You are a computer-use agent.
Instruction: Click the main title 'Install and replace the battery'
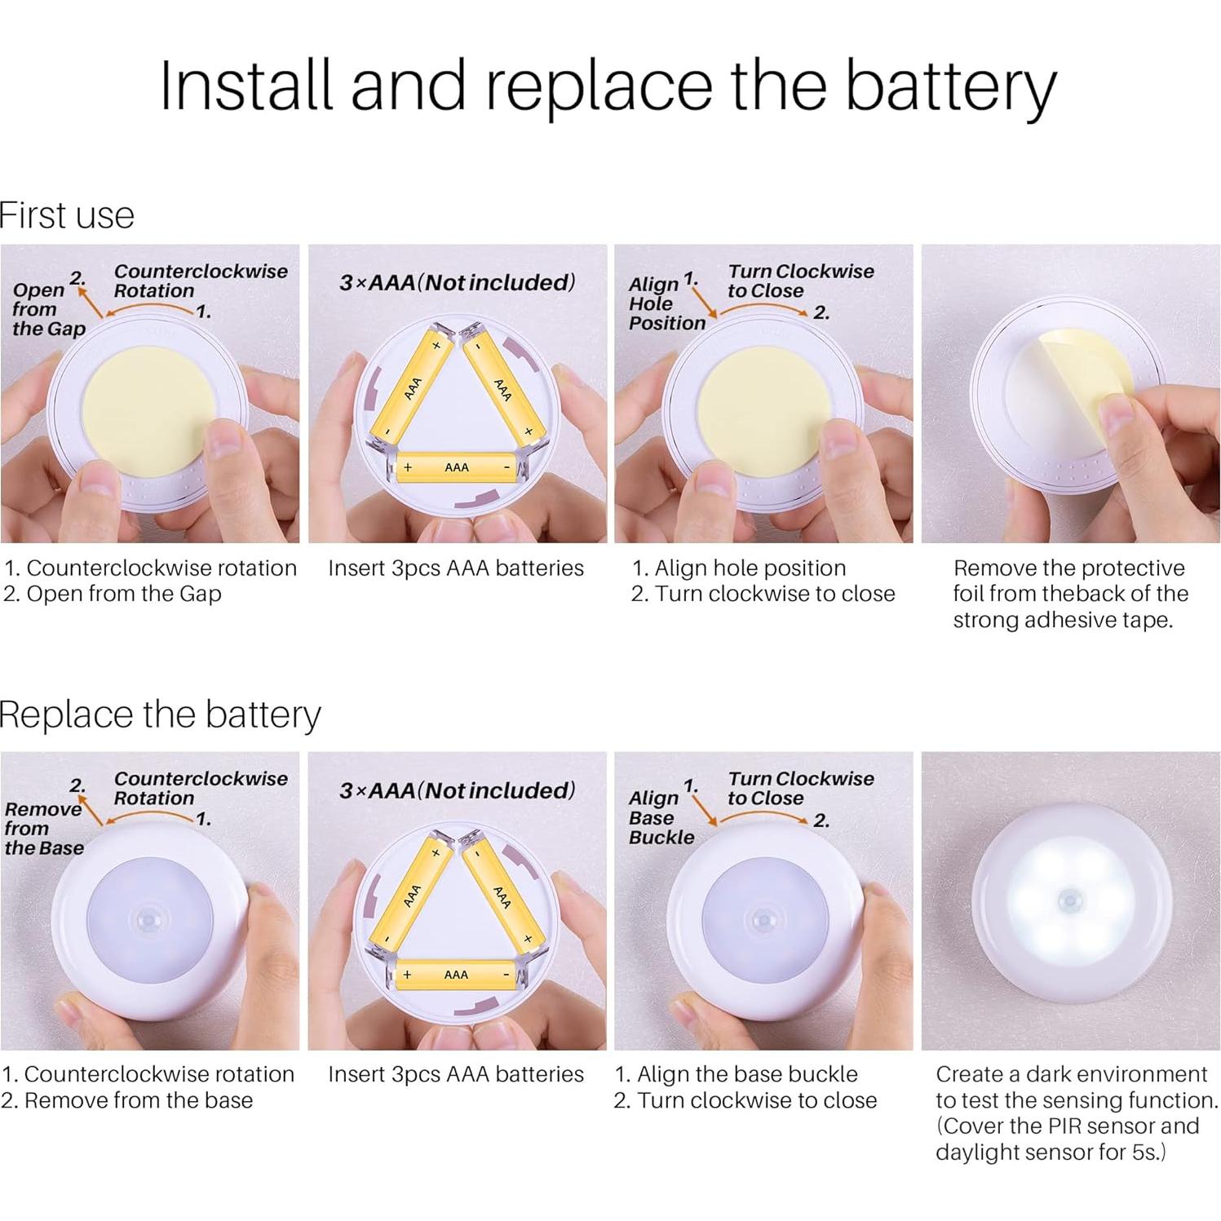tap(608, 86)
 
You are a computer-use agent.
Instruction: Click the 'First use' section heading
tap(67, 215)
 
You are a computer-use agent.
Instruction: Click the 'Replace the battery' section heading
tap(160, 714)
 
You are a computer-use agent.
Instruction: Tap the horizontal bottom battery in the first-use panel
tap(456, 467)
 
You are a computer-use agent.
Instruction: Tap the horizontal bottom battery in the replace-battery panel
tap(455, 975)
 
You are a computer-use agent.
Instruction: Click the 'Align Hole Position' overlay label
tap(666, 304)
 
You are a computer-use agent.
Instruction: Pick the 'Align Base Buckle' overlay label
tap(661, 817)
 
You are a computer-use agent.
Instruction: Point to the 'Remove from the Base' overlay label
tap(44, 828)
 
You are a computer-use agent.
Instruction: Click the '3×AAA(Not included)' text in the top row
tap(457, 283)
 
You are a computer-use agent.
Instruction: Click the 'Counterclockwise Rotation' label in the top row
tap(200, 281)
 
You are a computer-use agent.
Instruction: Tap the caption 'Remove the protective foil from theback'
tap(1069, 593)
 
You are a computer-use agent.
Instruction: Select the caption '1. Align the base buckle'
tap(736, 1074)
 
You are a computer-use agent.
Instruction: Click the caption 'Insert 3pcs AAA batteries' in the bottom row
tap(456, 1074)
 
